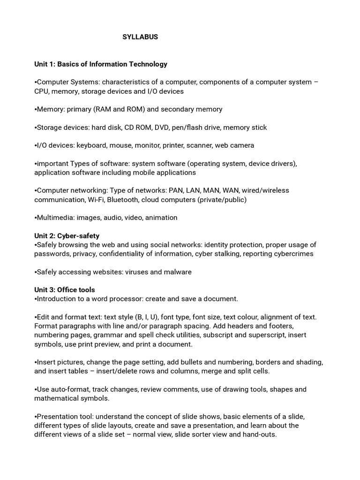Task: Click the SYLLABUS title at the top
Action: coord(140,37)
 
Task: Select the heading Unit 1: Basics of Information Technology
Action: coord(100,64)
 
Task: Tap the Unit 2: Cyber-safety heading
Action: coord(67,236)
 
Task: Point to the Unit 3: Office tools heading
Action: coord(64,290)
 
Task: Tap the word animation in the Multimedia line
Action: coord(161,218)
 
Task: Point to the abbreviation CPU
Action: coord(42,91)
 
